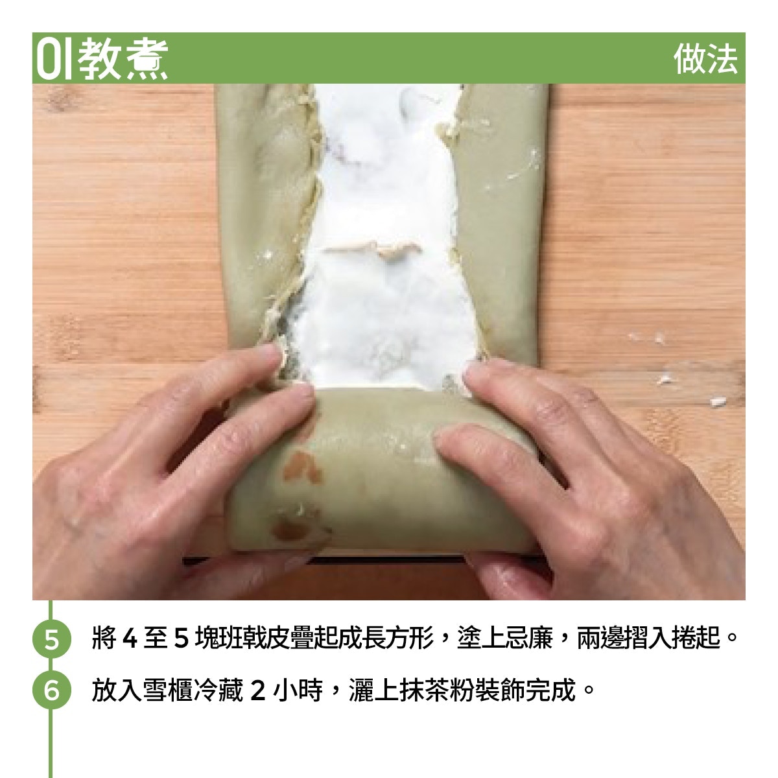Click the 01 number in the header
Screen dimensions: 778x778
pyautogui.click(x=54, y=59)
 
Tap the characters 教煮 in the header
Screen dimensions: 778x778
pyautogui.click(x=123, y=59)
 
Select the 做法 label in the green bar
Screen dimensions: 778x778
pyautogui.click(x=705, y=59)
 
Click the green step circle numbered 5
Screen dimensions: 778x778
pyautogui.click(x=51, y=639)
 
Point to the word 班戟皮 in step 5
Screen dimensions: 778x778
pyautogui.click(x=241, y=639)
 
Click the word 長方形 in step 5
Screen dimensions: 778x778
pyautogui.click(x=397, y=639)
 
